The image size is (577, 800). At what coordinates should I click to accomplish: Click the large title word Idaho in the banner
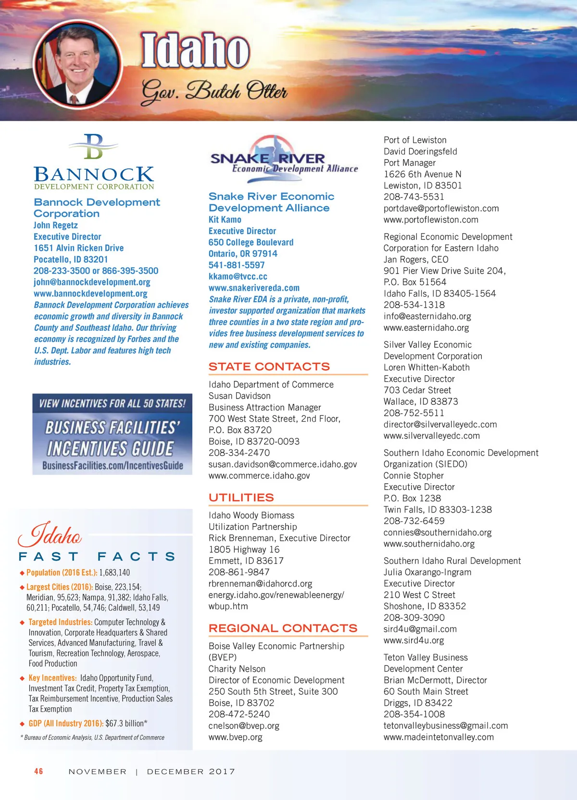(195, 50)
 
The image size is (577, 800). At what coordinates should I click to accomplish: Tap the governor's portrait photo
(77, 61)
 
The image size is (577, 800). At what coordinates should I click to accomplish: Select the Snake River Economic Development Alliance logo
(284, 159)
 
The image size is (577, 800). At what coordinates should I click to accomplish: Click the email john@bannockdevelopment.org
(92, 282)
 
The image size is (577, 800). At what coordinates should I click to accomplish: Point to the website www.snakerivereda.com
(254, 288)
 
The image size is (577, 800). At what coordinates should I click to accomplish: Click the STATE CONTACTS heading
(269, 367)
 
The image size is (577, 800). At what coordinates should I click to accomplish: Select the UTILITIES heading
(241, 498)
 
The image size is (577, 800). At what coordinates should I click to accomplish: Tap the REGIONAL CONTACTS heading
(283, 628)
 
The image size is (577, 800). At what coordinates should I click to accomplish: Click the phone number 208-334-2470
(239, 453)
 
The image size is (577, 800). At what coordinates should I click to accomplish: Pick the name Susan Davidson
(239, 396)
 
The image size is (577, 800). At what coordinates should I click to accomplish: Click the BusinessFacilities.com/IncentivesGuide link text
(113, 465)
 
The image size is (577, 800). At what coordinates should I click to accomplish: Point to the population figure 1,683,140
(114, 573)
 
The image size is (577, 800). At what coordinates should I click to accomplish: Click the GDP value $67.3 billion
(126, 724)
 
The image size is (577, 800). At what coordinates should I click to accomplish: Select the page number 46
(38, 771)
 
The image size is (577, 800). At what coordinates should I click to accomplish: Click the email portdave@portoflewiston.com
(441, 209)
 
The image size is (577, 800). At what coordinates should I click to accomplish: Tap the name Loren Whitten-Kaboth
(426, 368)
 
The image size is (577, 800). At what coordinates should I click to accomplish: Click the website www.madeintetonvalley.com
(439, 737)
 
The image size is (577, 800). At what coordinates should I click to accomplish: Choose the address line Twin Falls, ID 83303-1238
(438, 510)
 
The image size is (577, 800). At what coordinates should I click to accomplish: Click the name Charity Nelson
(237, 669)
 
